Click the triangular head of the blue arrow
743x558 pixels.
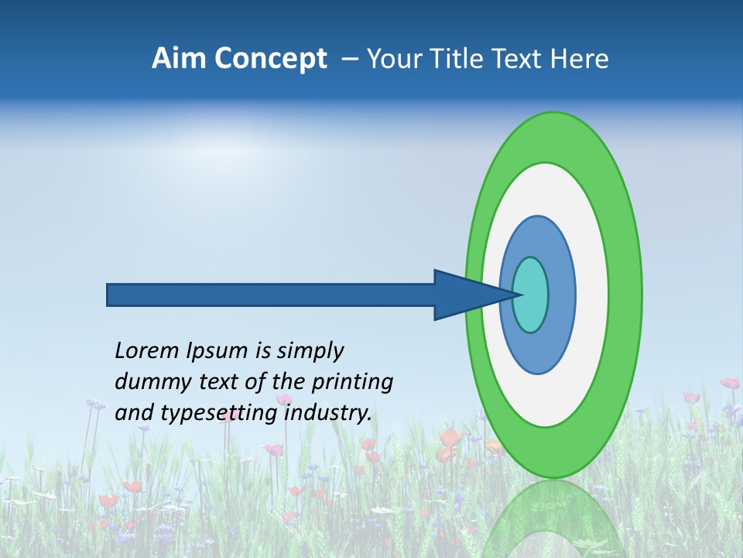(x=464, y=294)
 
